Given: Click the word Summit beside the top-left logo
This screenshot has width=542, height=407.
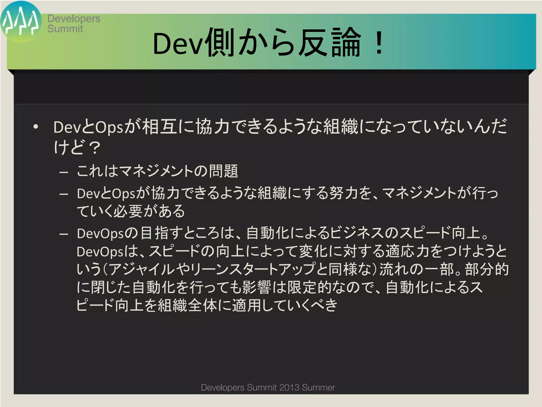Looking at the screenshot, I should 65,29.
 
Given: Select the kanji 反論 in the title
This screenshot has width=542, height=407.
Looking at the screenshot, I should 329,42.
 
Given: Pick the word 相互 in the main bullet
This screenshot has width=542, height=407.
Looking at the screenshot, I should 160,127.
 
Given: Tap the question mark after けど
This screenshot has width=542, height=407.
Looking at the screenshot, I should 94,148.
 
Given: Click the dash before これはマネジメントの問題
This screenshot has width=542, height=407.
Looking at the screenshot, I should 64,172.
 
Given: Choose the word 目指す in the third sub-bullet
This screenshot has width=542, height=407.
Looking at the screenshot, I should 162,233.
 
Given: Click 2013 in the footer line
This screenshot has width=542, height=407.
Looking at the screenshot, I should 289,387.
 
